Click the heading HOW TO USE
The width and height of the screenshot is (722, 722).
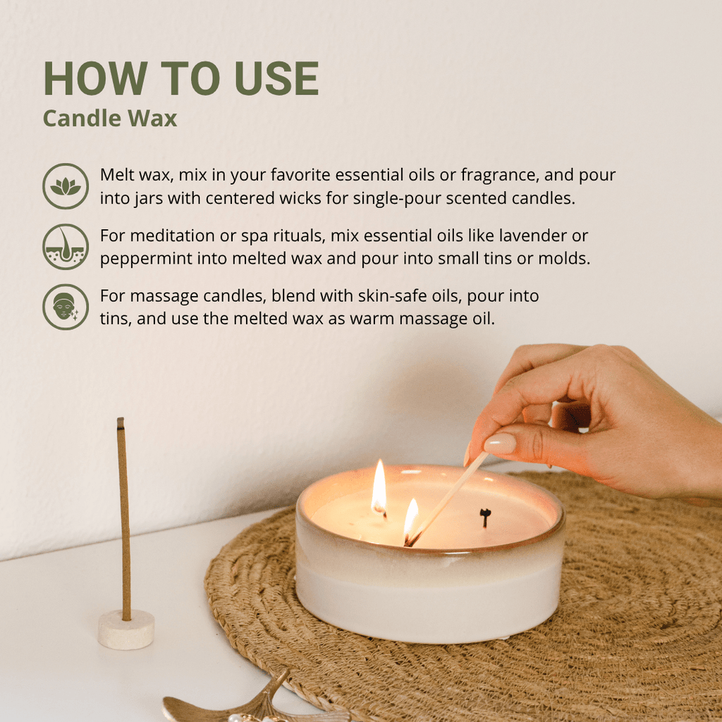180,78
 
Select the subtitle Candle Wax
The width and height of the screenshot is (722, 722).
109,118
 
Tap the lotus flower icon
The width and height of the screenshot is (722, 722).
66,186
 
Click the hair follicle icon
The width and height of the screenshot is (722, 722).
66,247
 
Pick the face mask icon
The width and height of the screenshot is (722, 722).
66,307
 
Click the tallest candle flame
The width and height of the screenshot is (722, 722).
379,487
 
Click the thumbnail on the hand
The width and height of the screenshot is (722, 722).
500,443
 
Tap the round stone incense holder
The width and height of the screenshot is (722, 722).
126,629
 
